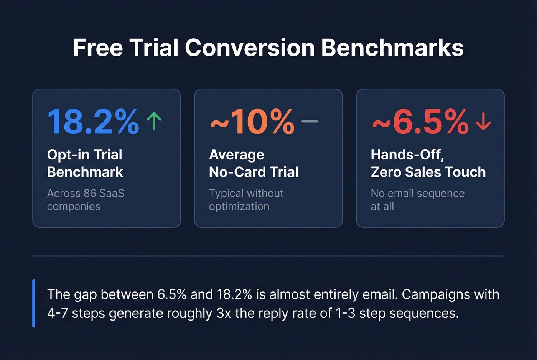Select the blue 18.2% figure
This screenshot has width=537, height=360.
point(93,122)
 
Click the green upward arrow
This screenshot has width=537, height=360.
point(154,121)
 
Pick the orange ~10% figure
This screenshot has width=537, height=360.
point(252,122)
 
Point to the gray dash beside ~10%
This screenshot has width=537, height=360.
point(310,121)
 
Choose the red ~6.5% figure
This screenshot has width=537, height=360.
point(420,122)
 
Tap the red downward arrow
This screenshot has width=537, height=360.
point(483,121)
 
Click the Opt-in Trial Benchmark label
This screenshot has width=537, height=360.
point(85,163)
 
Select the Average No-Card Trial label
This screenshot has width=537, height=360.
point(254,163)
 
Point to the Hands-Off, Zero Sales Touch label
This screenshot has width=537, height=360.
point(428,163)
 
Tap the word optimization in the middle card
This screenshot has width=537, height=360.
point(239,206)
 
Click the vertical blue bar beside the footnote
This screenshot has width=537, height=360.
point(34,303)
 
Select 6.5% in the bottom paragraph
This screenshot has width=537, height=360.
point(172,294)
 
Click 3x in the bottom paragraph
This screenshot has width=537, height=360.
point(224,313)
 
